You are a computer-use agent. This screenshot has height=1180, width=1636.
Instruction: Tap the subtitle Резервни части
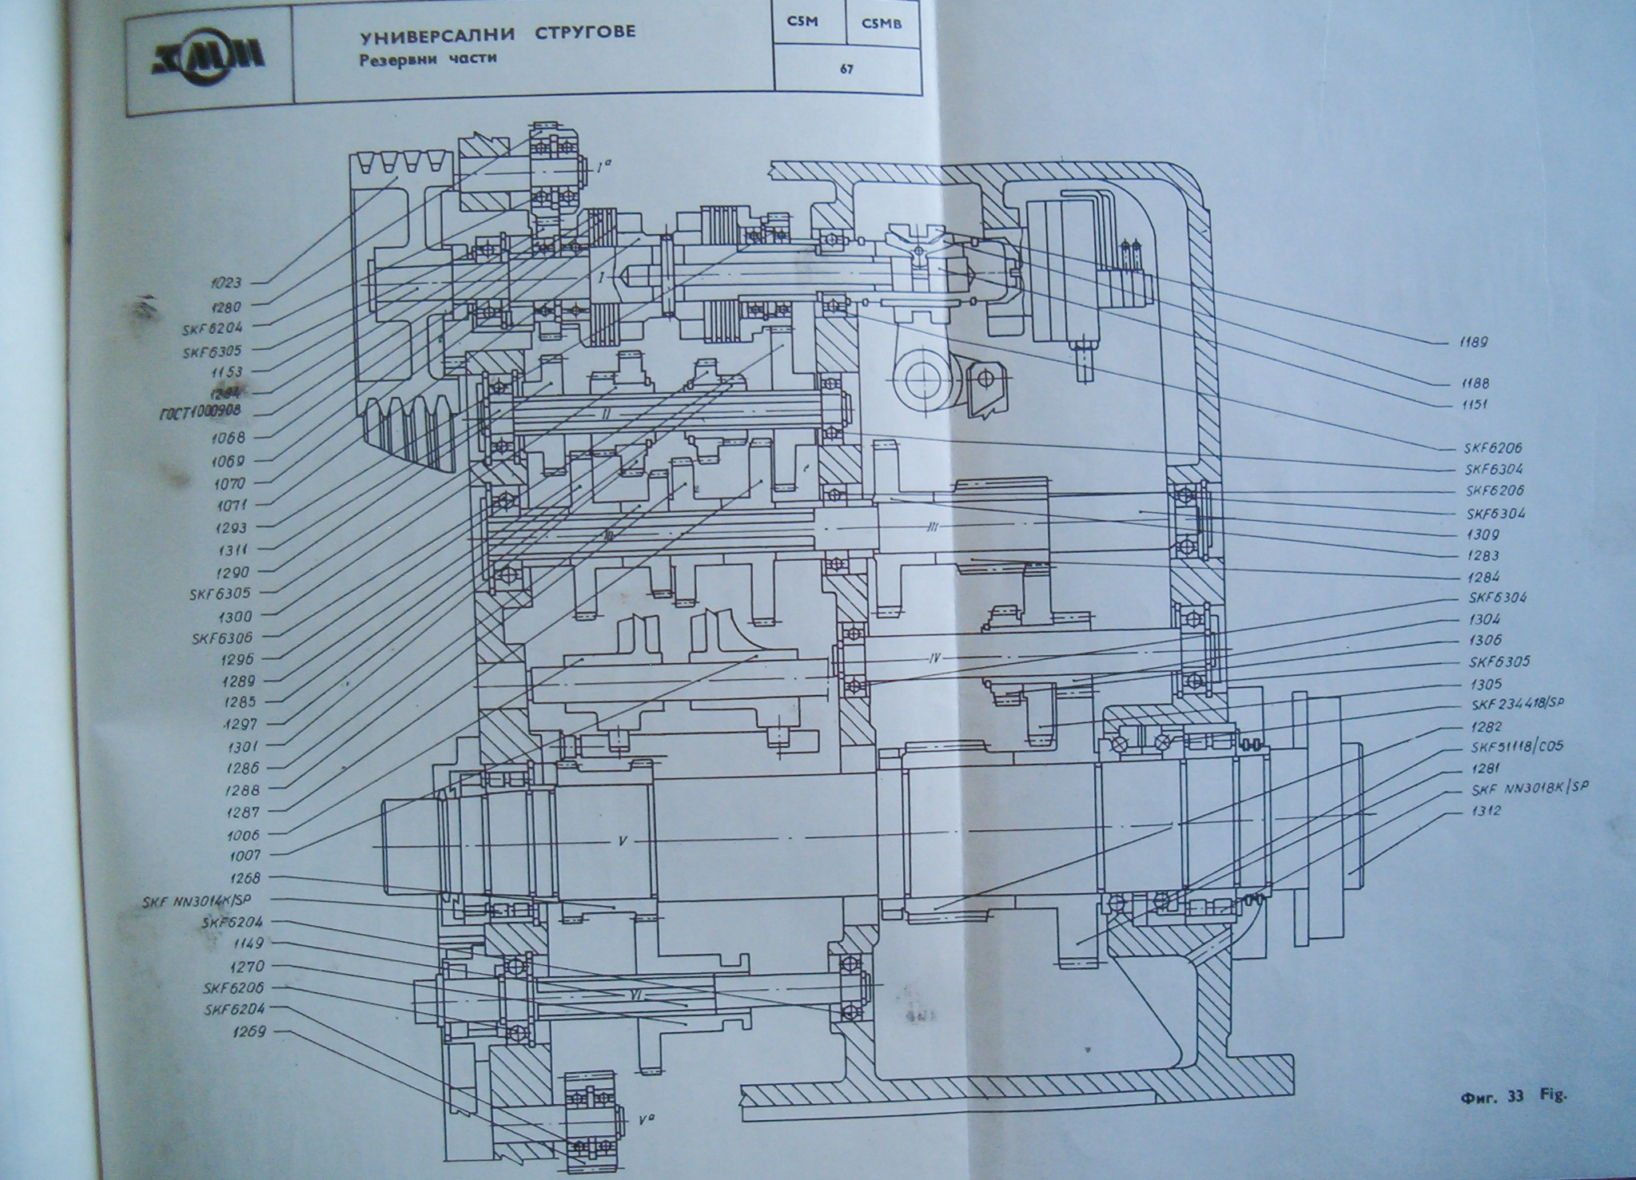(x=421, y=58)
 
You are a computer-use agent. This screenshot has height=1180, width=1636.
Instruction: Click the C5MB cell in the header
(x=882, y=23)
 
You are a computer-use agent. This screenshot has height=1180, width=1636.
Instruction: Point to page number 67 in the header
(x=846, y=70)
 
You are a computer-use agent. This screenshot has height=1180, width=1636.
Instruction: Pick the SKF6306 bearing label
(x=221, y=638)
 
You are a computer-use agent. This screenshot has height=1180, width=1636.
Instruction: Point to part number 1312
(x=1483, y=810)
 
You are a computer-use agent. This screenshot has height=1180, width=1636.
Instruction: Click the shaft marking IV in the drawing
(x=933, y=658)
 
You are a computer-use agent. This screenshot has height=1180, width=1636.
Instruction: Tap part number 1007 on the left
(x=233, y=856)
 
